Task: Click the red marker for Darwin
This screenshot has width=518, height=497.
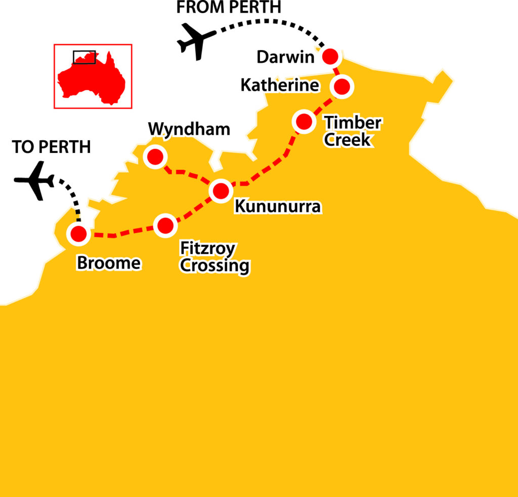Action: [x=330, y=56]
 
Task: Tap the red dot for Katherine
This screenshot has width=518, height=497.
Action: [x=342, y=86]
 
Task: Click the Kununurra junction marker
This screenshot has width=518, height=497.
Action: [x=221, y=191]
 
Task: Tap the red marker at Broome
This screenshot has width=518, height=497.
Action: [x=78, y=234]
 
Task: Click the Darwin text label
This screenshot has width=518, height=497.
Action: [x=285, y=57]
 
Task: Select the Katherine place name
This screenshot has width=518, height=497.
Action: [x=280, y=85]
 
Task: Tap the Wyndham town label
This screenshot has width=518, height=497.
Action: [x=189, y=130]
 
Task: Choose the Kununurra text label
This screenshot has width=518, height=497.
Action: [x=277, y=207]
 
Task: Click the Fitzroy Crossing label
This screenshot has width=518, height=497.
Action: [x=214, y=257]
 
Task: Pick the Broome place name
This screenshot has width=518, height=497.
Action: [x=108, y=263]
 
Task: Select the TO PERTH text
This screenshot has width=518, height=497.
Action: [x=51, y=147]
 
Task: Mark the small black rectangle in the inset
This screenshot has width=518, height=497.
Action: [x=84, y=57]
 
